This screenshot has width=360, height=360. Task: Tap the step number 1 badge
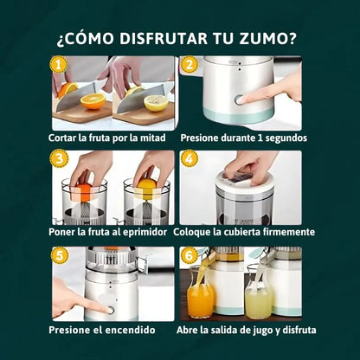(x=58, y=64)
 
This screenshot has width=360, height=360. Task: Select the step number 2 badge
(x=187, y=64)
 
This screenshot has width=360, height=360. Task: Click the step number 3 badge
(x=58, y=157)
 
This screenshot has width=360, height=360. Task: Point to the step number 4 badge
(x=187, y=157)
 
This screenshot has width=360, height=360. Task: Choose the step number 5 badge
(x=58, y=254)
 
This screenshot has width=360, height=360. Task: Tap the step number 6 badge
(x=187, y=254)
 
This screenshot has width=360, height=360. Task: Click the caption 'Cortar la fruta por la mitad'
(x=112, y=137)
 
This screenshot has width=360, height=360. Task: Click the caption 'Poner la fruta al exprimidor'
(x=112, y=232)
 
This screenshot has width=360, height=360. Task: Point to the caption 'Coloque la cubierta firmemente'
(x=244, y=232)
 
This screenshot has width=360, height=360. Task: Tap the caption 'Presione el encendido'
(x=102, y=330)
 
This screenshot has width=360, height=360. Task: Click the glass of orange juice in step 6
(x=200, y=300)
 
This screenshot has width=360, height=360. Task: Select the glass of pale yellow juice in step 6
(x=259, y=301)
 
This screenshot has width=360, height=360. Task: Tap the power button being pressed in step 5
(x=110, y=308)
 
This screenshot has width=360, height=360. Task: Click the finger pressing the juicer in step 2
(x=273, y=91)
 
